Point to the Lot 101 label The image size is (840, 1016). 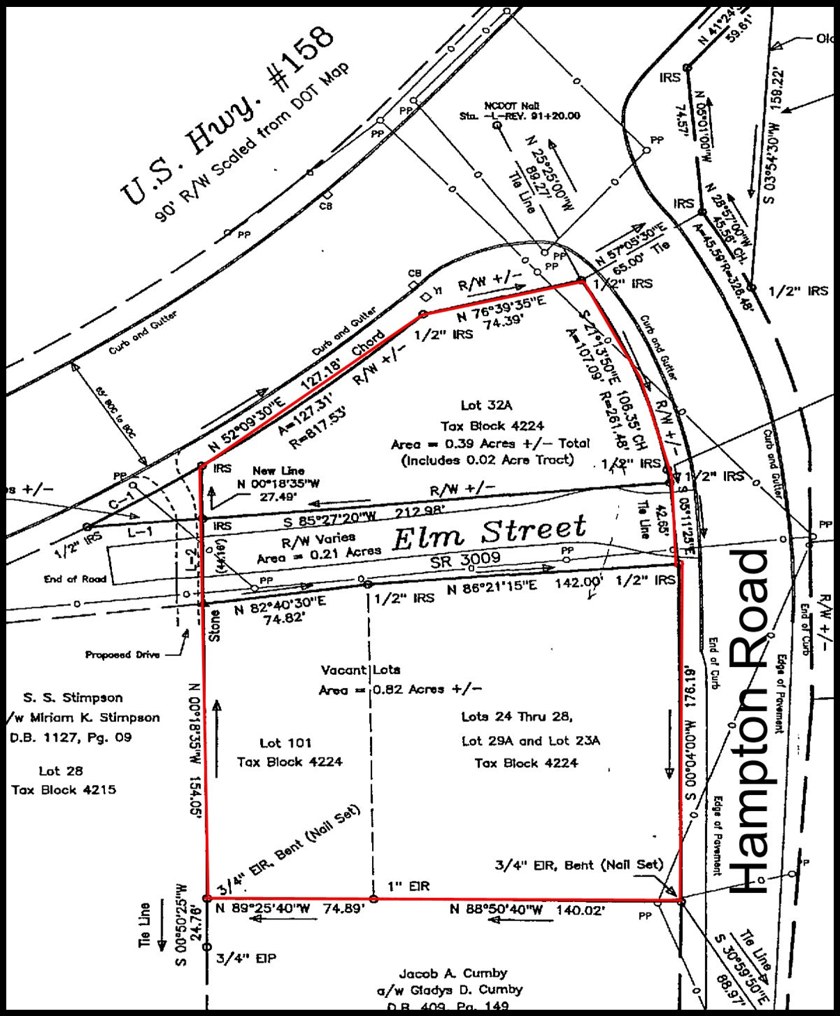click(x=286, y=743)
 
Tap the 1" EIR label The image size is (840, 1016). click(x=409, y=886)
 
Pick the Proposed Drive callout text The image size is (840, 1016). click(x=122, y=655)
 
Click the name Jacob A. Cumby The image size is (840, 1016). click(x=453, y=973)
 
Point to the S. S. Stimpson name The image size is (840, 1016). click(x=73, y=698)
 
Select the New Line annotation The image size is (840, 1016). click(x=278, y=470)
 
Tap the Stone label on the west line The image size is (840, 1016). click(x=215, y=625)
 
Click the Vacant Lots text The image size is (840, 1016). click(x=360, y=670)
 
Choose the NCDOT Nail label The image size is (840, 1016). click(x=512, y=106)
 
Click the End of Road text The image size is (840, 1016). click(x=75, y=578)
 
